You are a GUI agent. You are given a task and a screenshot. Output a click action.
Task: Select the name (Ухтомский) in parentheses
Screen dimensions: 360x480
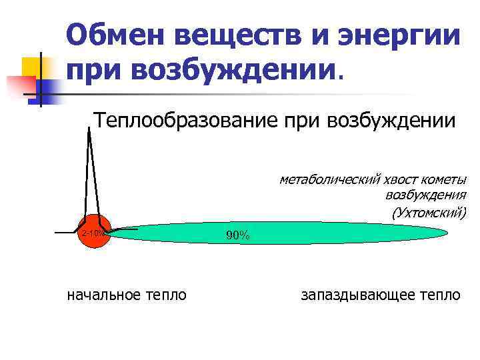pos(429,213)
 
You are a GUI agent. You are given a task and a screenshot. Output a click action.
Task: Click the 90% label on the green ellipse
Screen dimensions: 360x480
pos(237,235)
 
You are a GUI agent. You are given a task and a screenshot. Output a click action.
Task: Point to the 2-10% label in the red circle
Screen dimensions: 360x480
pos(92,233)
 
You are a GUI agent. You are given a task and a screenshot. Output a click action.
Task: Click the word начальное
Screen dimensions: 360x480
pos(104,294)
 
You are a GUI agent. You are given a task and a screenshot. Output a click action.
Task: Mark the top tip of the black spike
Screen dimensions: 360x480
pos(89,128)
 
